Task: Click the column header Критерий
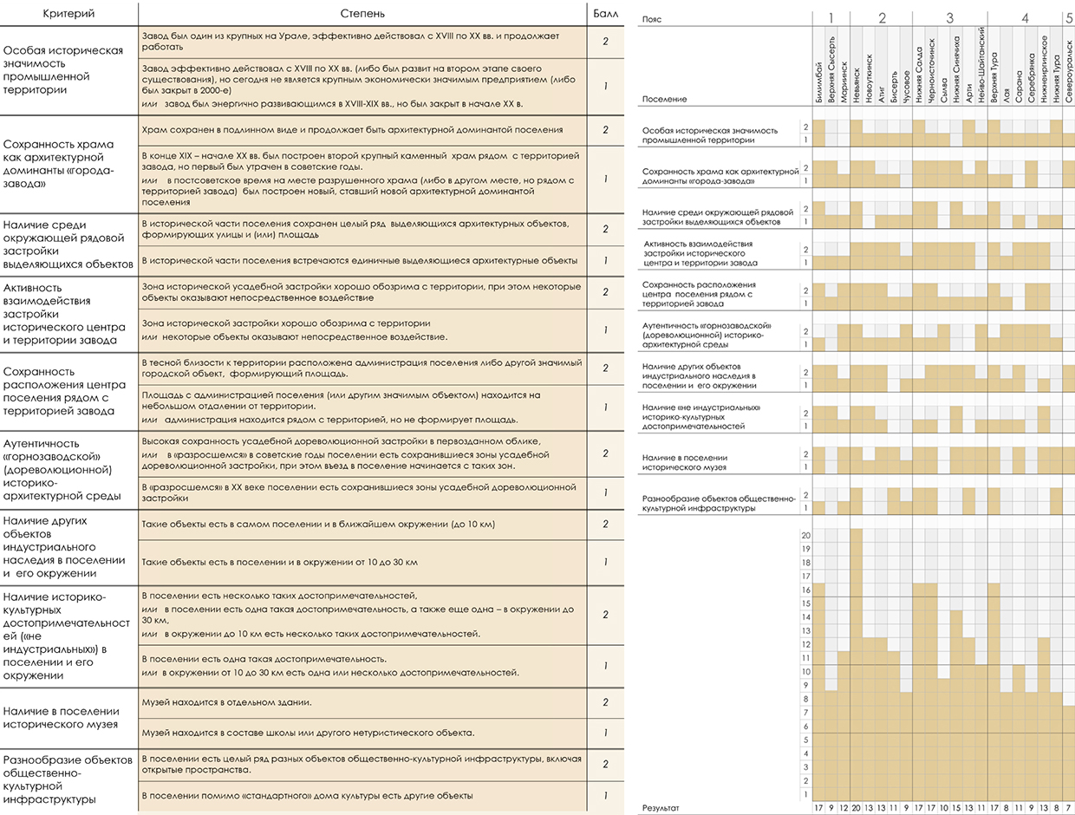click(68, 14)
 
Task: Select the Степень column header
click(362, 14)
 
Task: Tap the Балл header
click(605, 14)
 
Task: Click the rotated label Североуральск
click(1069, 71)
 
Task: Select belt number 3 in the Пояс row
click(949, 18)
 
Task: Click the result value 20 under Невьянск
click(856, 808)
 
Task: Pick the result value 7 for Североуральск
click(1069, 808)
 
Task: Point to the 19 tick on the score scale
click(805, 549)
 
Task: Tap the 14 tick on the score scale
click(805, 617)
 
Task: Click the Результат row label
click(661, 808)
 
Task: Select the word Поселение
click(664, 99)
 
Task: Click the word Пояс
click(652, 19)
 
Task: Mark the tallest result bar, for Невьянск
click(856, 665)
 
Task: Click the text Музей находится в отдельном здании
click(227, 702)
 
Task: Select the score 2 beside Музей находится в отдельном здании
click(605, 702)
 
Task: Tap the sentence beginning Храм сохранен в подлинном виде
click(352, 130)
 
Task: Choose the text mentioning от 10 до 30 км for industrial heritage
click(280, 563)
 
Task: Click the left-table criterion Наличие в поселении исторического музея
click(61, 718)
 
